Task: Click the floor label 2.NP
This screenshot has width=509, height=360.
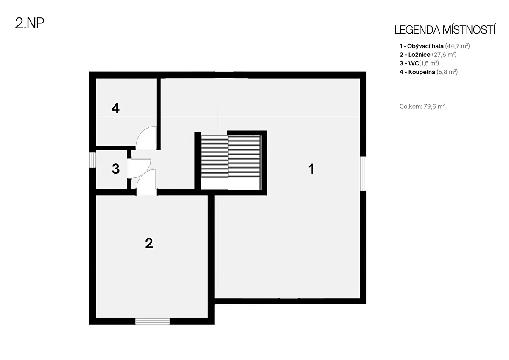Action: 30,23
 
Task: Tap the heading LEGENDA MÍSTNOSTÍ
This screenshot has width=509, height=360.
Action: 445,30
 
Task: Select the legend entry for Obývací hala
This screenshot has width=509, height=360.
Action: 434,46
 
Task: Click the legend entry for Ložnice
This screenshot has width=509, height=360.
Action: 428,55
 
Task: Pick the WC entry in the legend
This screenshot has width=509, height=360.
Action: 419,63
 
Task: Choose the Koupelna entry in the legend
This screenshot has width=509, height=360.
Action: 428,72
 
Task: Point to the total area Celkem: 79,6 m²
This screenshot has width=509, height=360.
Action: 422,107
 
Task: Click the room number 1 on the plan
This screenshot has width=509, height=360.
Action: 311,169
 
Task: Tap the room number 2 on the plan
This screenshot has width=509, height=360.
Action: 149,243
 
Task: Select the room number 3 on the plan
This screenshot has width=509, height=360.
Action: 116,169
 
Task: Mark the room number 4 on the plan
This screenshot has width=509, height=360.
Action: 116,108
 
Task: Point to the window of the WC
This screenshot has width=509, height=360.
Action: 92,160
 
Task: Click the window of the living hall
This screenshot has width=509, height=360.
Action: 363,174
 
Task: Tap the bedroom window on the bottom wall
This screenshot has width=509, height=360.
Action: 152,321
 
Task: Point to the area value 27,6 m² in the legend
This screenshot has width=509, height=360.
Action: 444,55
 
